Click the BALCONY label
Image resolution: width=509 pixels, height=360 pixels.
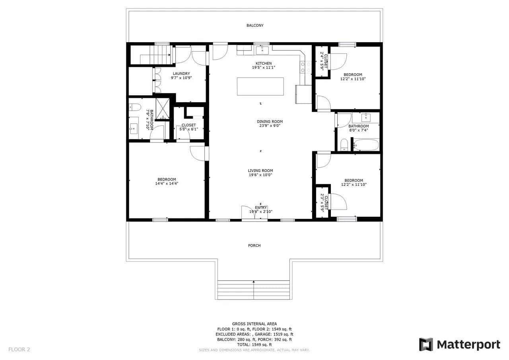(255, 25)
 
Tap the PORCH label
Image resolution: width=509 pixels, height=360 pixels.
(254, 245)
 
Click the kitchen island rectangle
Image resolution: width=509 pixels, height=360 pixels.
(260, 86)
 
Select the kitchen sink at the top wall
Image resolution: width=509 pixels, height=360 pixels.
(262, 50)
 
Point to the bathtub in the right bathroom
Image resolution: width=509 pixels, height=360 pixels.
(366, 145)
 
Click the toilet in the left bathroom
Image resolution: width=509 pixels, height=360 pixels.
(134, 107)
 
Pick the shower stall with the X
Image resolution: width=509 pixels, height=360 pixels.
(163, 109)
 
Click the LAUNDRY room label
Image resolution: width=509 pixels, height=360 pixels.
(181, 74)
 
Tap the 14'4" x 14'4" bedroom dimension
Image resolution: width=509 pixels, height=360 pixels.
(167, 183)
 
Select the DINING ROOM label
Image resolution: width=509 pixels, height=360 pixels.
(270, 122)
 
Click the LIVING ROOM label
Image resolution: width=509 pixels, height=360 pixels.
(260, 171)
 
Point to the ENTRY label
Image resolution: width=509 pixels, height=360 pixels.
(261, 208)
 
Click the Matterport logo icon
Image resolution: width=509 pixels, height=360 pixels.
(426, 344)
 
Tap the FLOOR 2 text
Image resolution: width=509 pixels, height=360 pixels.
(19, 350)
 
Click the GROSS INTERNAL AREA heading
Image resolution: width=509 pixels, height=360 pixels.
(254, 324)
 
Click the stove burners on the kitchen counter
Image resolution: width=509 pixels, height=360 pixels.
(306, 67)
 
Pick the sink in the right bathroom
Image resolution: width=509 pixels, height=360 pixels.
(366, 118)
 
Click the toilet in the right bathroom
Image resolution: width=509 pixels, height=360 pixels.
(344, 145)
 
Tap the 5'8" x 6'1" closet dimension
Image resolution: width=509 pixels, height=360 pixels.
(188, 129)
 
